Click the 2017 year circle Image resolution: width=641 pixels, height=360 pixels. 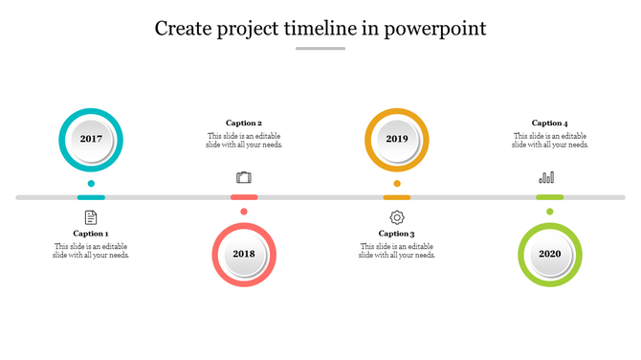[91, 140]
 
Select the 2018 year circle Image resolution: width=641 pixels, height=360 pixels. [244, 254]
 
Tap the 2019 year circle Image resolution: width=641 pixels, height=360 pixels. [397, 140]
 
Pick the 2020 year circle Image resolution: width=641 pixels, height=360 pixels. [550, 254]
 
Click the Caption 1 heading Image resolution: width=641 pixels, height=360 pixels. [91, 234]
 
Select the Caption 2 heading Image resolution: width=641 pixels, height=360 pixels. [244, 124]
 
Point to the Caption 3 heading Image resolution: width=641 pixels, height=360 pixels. [397, 234]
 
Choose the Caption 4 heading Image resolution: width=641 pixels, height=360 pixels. [550, 124]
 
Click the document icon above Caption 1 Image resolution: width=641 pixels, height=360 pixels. [91, 217]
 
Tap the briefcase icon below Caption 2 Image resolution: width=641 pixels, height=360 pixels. [244, 177]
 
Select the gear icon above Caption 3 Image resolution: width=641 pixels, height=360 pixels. [397, 217]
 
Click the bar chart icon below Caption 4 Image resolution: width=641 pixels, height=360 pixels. [547, 177]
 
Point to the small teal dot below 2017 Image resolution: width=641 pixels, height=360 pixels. [91, 183]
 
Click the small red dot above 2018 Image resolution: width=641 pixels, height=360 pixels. [244, 212]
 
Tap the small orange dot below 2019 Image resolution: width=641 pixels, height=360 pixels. [397, 183]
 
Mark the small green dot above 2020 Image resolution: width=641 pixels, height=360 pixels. [550, 212]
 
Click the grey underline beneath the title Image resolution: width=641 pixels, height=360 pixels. [320, 48]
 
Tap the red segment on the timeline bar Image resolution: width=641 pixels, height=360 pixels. [244, 197]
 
